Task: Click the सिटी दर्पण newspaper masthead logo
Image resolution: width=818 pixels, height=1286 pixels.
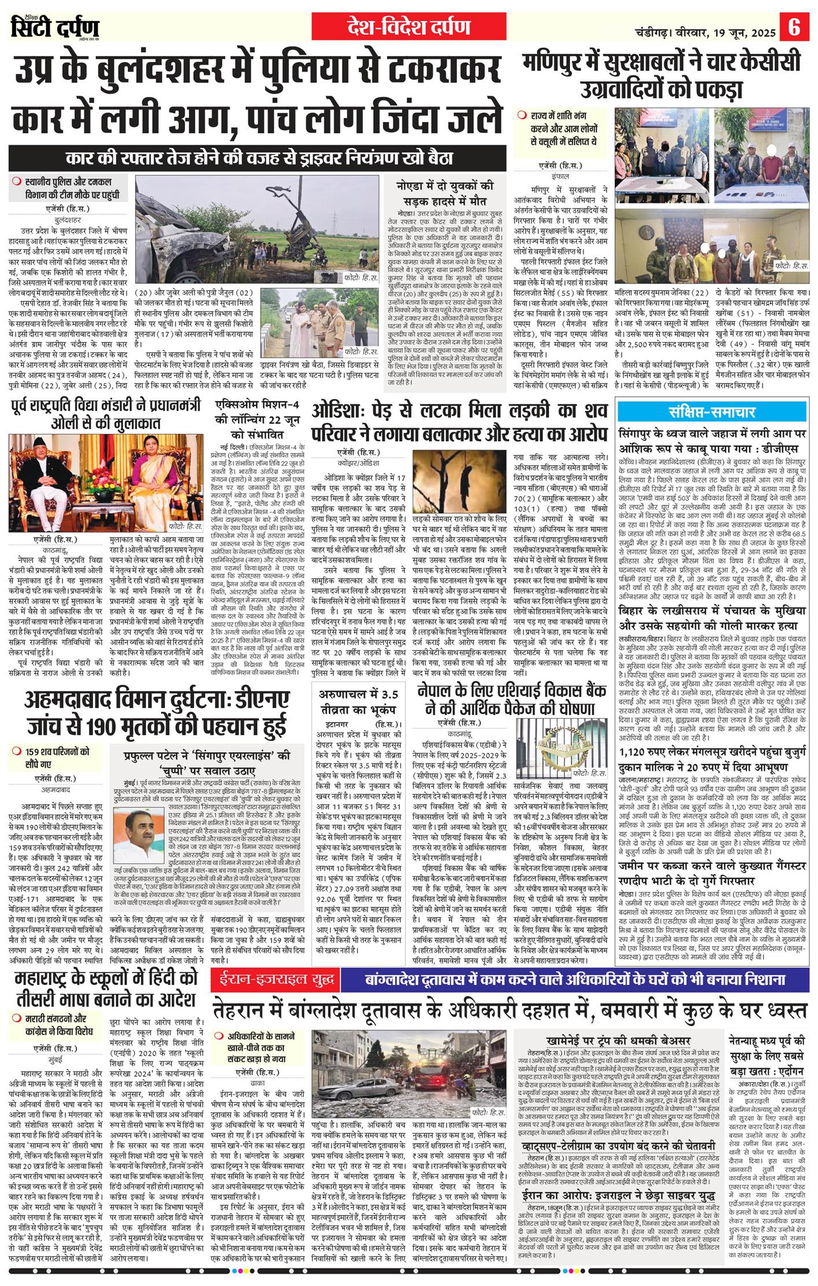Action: [x=55, y=27]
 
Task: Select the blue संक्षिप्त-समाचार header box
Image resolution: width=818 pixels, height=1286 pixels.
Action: [x=712, y=411]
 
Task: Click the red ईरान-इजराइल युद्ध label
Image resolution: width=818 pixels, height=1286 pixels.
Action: [x=276, y=979]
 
